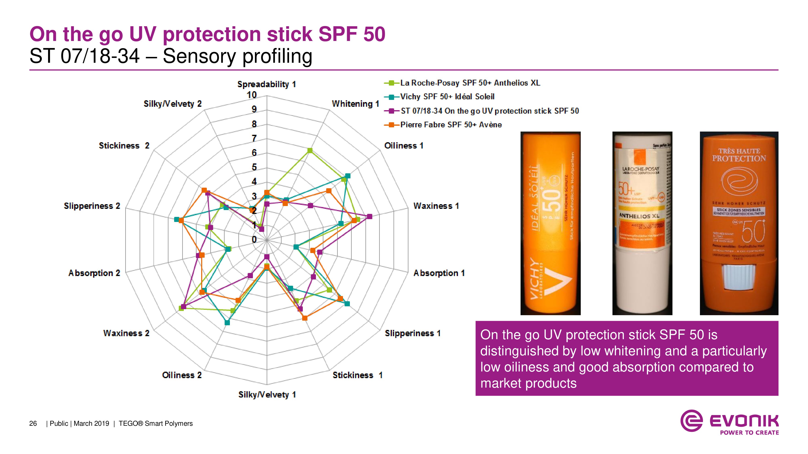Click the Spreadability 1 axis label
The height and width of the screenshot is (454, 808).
[x=266, y=84]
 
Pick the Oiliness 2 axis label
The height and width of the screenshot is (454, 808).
[x=182, y=375]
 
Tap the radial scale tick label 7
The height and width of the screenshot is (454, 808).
[x=254, y=138]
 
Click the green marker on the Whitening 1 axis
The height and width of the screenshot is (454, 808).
[x=310, y=151]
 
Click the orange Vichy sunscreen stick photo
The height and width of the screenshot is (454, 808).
[x=550, y=223]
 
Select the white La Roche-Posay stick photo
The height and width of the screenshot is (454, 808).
[x=642, y=223]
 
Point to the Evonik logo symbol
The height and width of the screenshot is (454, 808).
[x=691, y=421]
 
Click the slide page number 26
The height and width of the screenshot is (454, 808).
[x=33, y=424]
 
